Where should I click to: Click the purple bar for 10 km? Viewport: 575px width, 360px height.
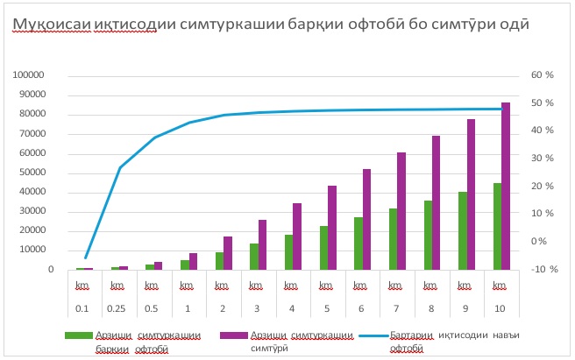506,186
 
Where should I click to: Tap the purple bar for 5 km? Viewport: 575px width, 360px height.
332,228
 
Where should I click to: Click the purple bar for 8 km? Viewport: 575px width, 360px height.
437,202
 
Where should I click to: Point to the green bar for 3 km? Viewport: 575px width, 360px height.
254,256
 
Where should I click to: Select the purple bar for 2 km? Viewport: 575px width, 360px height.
228,252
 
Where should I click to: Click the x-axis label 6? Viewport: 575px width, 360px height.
361,307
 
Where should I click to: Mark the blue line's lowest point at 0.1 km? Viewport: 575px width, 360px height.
85,258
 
